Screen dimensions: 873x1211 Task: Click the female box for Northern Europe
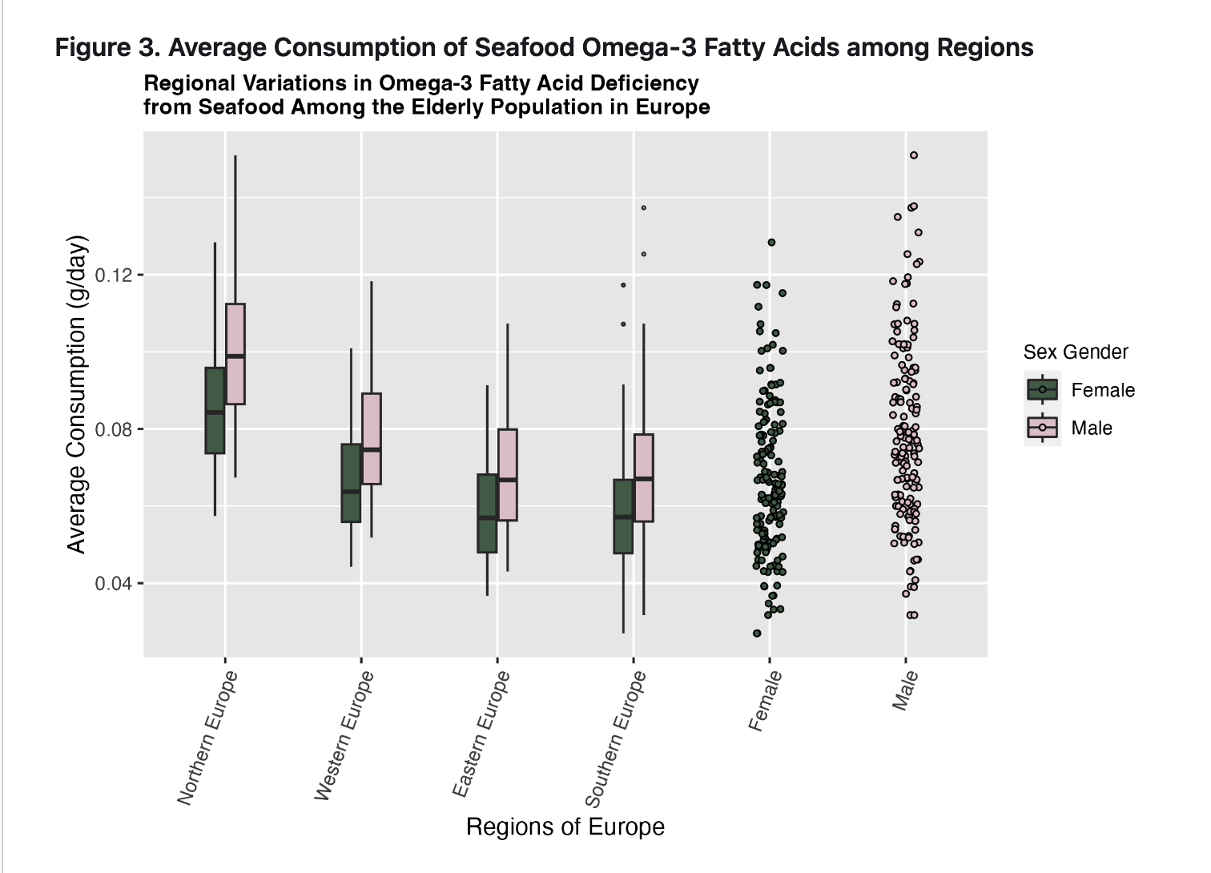215,410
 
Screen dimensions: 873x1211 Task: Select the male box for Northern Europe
235,354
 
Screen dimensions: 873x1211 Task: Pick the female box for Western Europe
351,483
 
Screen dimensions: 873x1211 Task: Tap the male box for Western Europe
371,439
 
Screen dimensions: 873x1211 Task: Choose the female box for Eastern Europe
487,513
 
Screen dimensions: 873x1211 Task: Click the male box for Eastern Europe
507,475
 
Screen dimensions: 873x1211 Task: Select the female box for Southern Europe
623,517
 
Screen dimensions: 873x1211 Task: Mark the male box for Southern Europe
643,478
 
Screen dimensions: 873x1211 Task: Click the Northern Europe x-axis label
207,738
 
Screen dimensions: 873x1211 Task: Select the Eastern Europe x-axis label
481,734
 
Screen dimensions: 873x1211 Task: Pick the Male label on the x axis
906,690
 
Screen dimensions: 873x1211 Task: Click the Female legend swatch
1042,390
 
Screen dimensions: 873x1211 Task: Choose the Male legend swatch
1042,428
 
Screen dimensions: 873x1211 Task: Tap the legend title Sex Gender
1076,352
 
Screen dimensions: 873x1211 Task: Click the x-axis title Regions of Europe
565,827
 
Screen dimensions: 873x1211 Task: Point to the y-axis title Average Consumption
77,394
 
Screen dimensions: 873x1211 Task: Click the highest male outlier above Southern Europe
643,208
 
